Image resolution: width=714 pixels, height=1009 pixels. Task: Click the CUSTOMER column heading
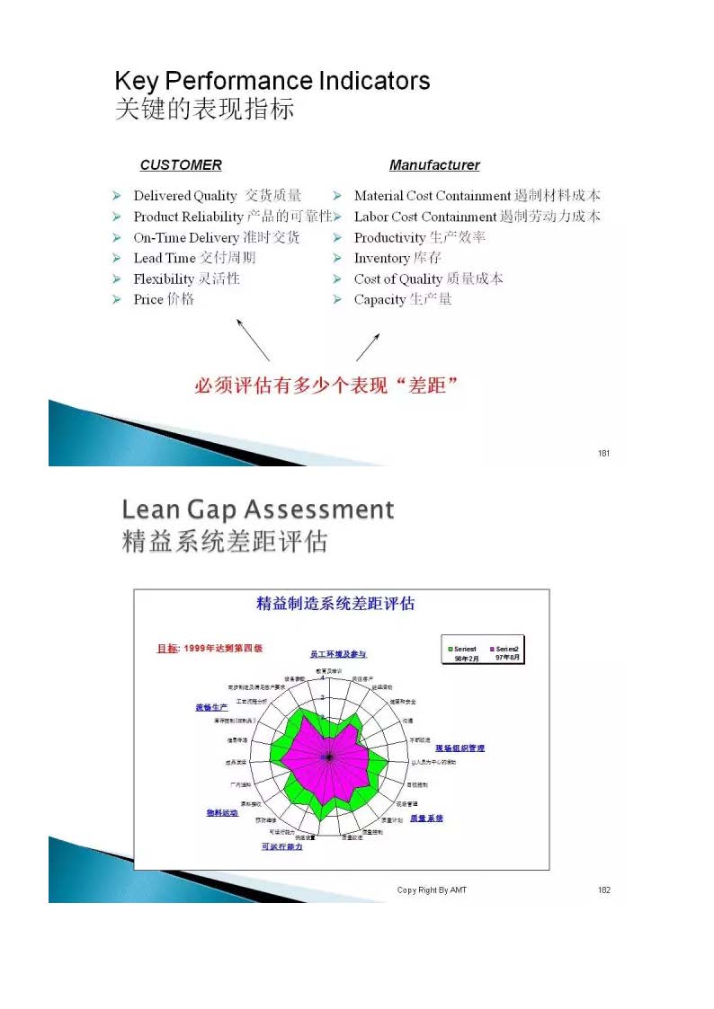pos(181,165)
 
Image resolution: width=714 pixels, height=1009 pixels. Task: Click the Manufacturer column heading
pos(434,165)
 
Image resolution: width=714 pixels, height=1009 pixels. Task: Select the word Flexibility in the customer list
pos(163,279)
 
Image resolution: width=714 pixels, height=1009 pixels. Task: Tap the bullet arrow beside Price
pos(117,300)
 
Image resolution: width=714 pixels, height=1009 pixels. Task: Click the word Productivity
pos(389,238)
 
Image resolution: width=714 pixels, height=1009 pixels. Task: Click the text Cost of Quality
pos(397,279)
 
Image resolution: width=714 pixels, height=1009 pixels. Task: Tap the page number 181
pos(603,453)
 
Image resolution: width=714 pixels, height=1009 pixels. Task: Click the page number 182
pos(603,890)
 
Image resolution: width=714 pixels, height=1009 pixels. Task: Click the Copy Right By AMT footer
pos(432,890)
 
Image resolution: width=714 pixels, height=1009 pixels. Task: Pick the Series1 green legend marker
pos(451,649)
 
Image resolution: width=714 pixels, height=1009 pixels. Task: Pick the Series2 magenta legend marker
pos(492,649)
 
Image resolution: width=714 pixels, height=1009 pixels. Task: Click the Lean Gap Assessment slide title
pos(257,510)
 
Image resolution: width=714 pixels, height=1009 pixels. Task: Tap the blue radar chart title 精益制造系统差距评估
pos(335,604)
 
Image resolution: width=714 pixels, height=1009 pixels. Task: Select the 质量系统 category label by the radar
pos(426,819)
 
